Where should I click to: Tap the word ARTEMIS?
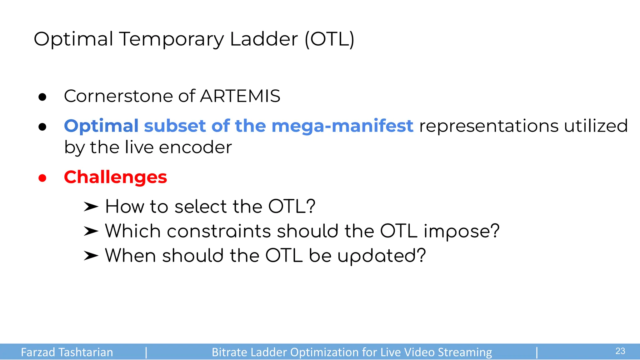240,96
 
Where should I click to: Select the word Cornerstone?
119,96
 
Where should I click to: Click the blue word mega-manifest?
342,126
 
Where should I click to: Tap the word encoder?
195,147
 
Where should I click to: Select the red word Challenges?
115,177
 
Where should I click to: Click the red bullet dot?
42,178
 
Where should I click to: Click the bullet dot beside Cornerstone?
42,97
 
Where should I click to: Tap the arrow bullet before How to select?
91,207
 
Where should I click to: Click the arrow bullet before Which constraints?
91,231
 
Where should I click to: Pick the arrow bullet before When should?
91,256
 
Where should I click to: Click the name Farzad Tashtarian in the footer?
67,352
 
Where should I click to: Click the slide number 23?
620,351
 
